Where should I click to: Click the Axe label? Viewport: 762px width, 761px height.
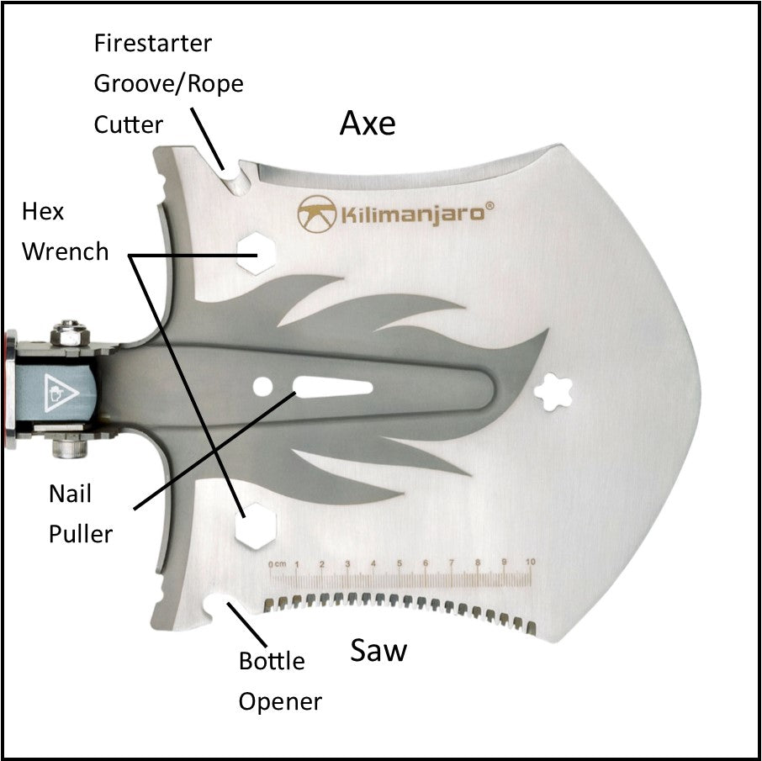(368, 124)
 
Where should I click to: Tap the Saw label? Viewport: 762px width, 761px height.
(378, 650)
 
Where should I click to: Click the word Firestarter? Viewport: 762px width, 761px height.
(152, 42)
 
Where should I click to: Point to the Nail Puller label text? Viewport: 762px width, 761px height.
(80, 513)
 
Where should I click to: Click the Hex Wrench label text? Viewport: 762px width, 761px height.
(65, 230)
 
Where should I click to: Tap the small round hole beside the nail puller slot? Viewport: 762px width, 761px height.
(263, 388)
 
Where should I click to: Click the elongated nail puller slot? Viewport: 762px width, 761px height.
(331, 388)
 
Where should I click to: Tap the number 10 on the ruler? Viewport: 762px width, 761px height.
(530, 562)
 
